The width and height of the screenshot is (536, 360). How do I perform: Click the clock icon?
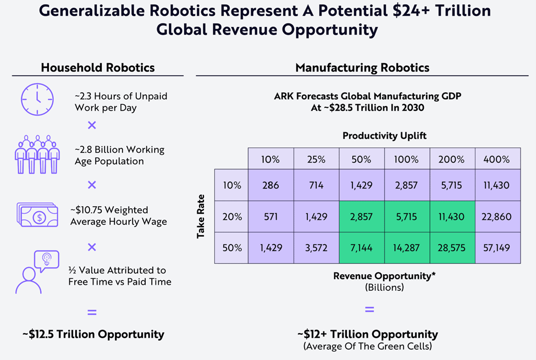coord(37,99)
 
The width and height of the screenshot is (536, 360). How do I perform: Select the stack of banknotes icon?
coord(37,215)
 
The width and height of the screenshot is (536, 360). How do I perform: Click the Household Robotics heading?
coord(98,68)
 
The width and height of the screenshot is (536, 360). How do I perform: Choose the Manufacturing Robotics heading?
coord(362,68)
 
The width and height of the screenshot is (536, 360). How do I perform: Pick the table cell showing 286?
coord(269,185)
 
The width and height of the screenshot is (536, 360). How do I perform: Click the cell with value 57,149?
coord(498,248)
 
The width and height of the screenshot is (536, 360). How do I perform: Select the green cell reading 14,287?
coord(407,248)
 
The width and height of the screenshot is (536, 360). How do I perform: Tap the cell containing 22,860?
coord(498,217)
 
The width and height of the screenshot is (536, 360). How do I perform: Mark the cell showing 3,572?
coord(316,248)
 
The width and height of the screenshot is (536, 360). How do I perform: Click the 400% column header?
coord(498,159)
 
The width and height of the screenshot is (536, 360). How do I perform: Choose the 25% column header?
coord(316,159)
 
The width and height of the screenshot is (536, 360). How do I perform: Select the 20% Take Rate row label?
coord(231,217)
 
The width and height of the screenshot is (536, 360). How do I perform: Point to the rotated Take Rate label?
coord(202,216)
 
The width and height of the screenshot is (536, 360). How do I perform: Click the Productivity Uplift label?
coord(384,136)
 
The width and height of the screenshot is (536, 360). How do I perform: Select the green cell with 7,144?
coord(362,248)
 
